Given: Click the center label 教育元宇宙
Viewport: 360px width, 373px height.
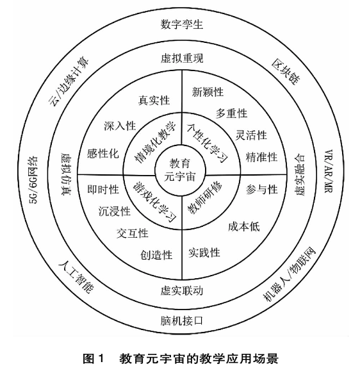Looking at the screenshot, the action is click(180, 170).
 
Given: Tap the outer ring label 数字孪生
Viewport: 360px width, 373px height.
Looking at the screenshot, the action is click(182, 24).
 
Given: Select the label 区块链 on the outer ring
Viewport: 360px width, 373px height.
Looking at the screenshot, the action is click(286, 72).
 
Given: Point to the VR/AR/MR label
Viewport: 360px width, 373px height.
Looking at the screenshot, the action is click(329, 171).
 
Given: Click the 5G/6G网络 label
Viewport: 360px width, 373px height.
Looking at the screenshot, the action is click(33, 180).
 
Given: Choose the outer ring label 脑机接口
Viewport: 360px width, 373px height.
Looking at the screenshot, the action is click(182, 320).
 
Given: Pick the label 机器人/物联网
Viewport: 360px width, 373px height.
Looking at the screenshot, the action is click(290, 274).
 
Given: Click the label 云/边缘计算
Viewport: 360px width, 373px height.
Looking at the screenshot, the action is click(69, 81).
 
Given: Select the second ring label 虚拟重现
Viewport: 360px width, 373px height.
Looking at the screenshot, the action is click(182, 58).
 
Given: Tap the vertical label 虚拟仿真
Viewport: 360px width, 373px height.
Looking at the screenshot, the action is click(66, 174).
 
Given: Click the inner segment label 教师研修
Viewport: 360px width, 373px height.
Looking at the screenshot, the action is click(204, 198).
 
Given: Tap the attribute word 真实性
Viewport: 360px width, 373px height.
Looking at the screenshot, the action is click(154, 101).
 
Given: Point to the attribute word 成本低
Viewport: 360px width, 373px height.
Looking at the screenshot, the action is click(243, 226).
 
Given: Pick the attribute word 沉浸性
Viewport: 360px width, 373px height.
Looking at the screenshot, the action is click(115, 211).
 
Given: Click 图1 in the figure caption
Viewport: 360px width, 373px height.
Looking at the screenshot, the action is click(94, 358).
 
